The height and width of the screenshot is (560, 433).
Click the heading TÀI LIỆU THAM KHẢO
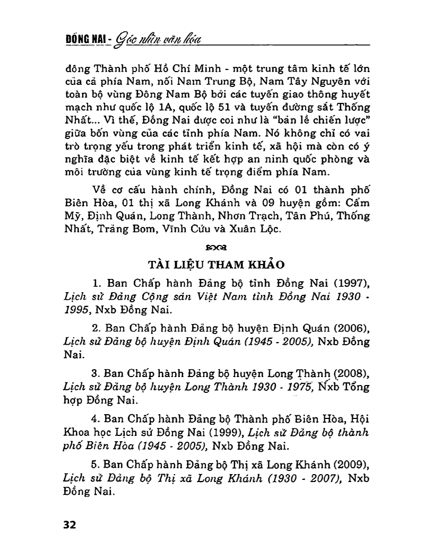click(216, 265)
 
